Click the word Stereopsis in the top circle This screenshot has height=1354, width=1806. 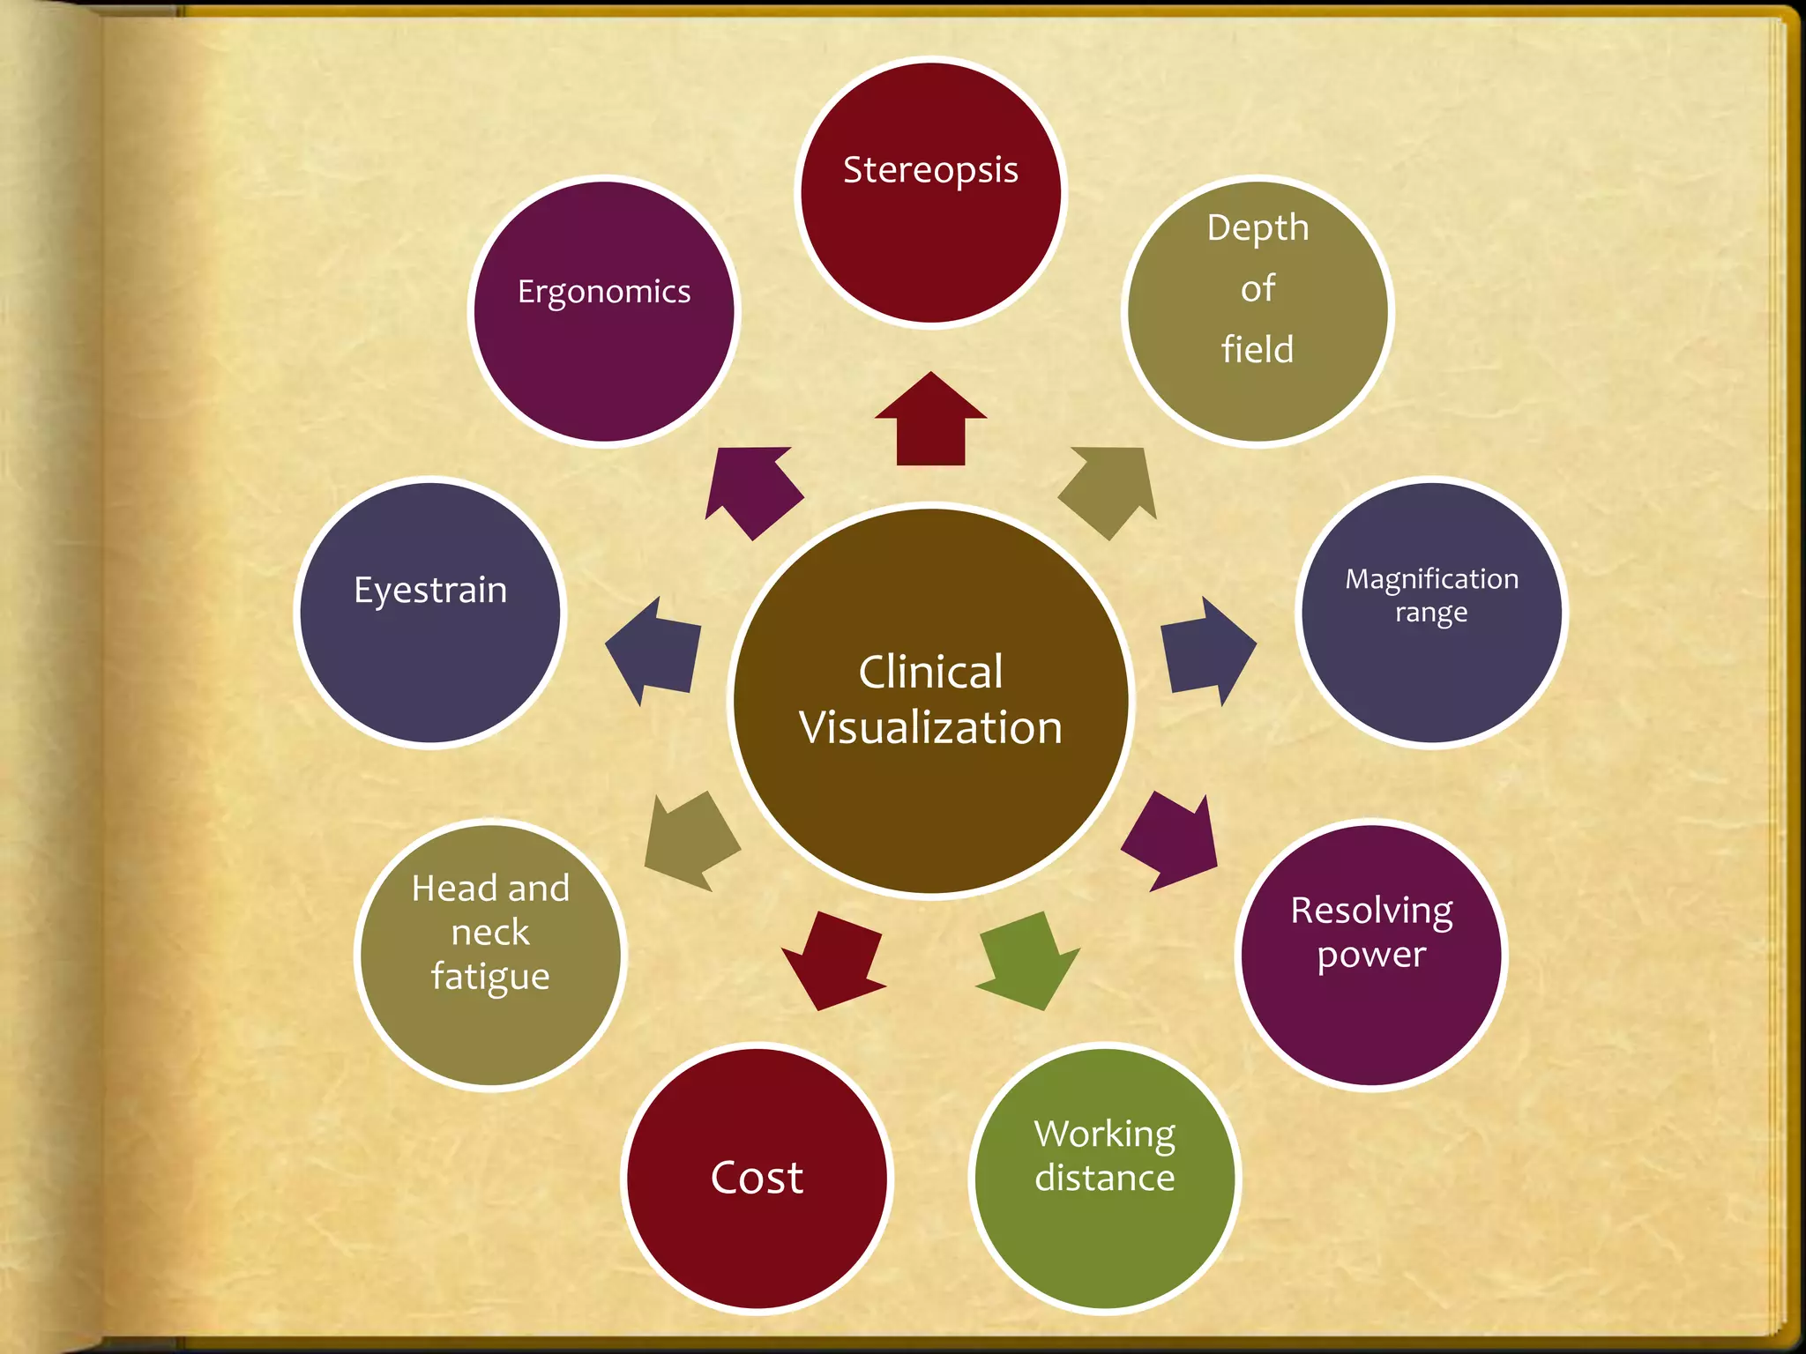point(930,170)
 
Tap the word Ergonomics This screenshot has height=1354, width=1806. point(604,292)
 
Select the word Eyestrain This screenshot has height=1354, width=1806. point(430,590)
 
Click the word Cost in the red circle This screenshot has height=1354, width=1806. point(757,1178)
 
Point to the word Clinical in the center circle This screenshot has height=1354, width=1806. point(930,672)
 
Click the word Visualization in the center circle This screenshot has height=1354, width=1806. point(930,728)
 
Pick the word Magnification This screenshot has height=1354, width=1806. point(1431,579)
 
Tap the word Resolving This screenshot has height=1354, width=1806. point(1371,911)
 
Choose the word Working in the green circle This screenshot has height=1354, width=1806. point(1104,1134)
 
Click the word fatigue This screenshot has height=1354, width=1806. point(490,977)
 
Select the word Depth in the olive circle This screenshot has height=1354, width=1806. point(1257,228)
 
